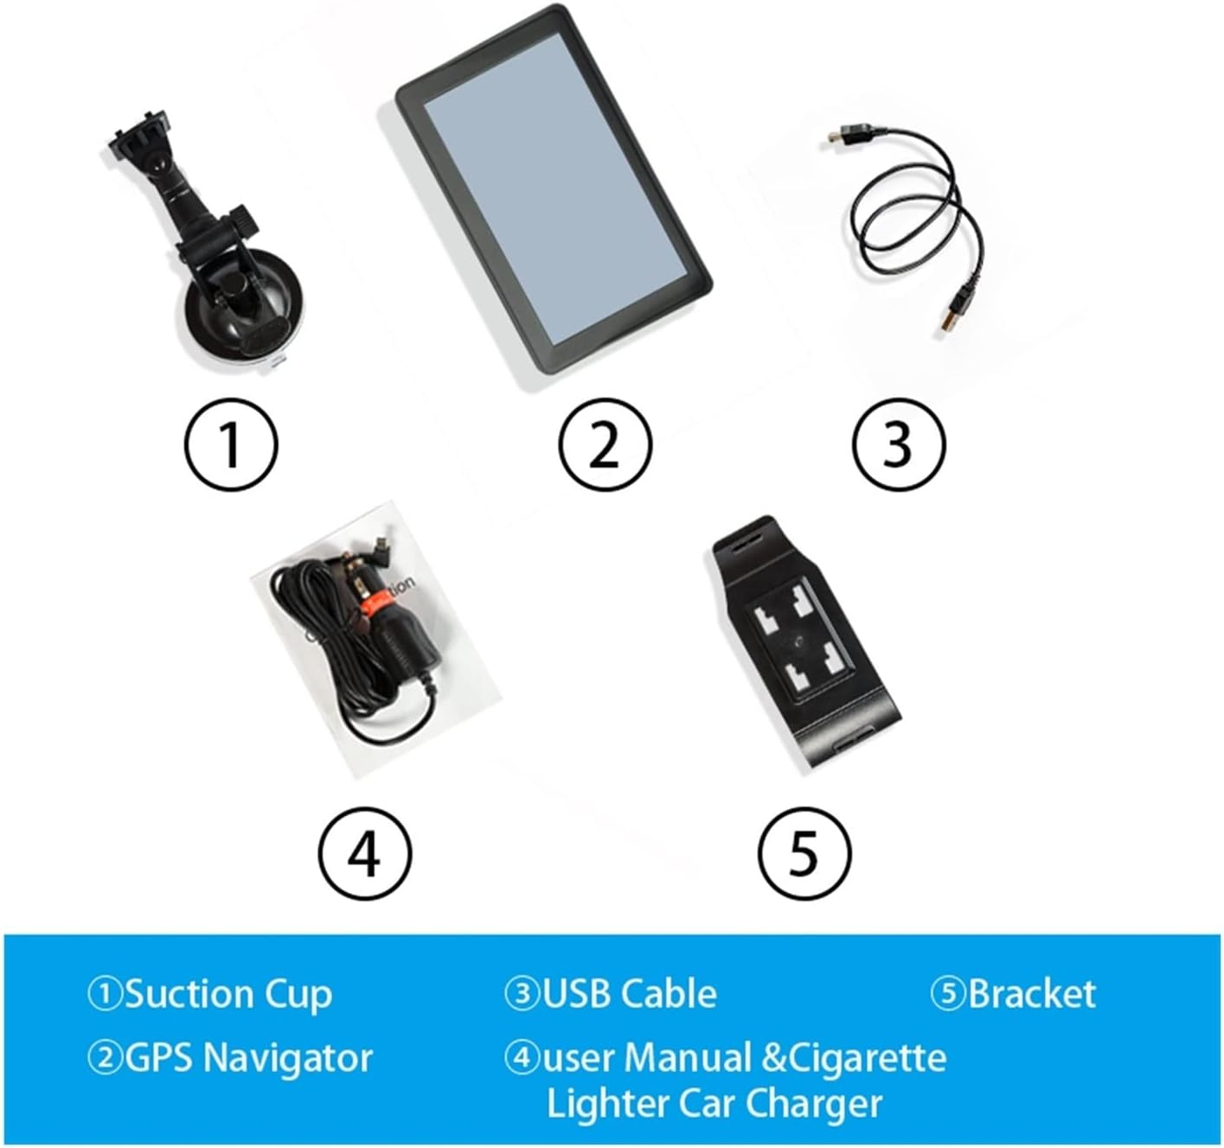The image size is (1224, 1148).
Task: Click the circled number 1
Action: point(231,443)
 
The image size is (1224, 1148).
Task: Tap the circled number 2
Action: point(604,443)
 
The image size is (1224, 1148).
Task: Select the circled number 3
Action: point(899,443)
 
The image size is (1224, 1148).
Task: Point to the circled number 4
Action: point(364,852)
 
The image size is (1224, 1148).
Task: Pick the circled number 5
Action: point(804,852)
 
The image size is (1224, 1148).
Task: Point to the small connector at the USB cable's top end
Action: point(840,136)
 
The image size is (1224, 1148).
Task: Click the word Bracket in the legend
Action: point(1031,994)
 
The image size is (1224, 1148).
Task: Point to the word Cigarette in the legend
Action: point(865,1058)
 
